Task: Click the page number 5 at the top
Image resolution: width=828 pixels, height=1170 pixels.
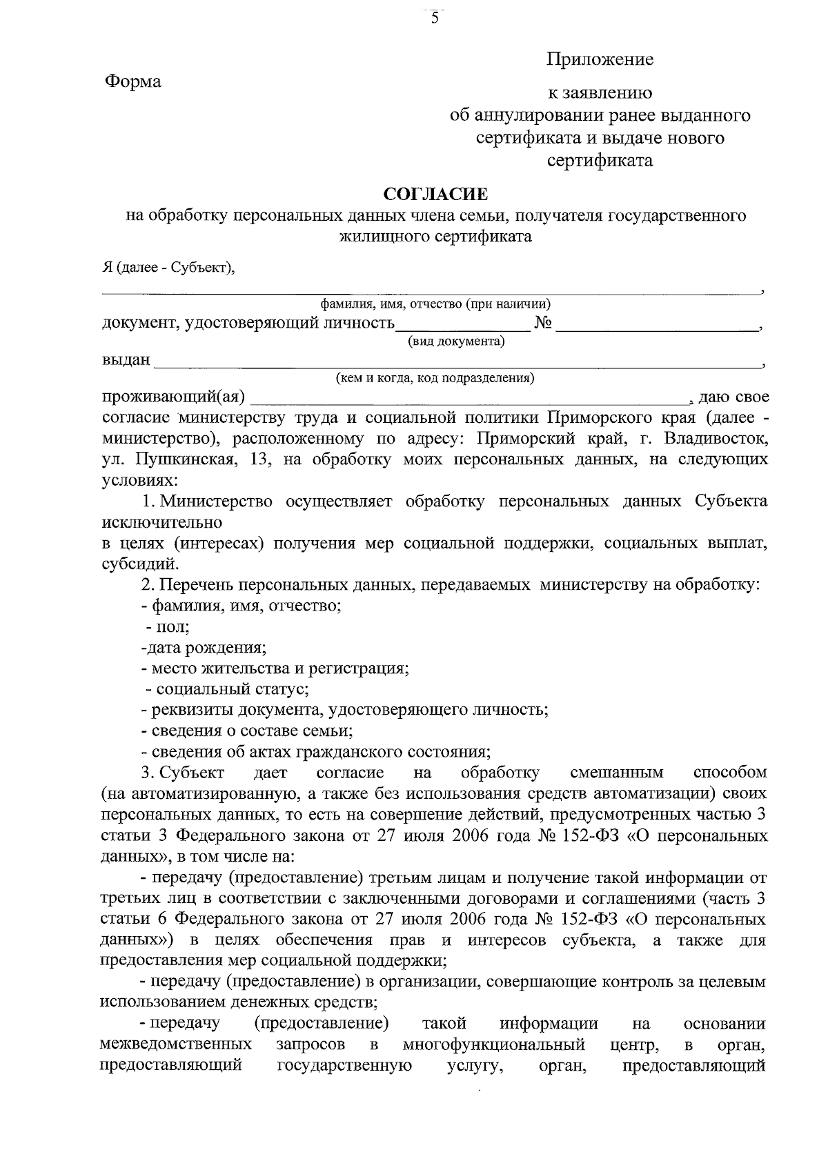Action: (435, 19)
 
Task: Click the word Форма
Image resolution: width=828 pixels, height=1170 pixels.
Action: (132, 82)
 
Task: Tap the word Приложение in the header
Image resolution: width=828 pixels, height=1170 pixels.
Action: (600, 60)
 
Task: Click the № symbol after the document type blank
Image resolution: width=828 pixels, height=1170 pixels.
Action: (542, 323)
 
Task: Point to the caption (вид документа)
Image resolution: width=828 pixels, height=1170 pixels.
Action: (456, 341)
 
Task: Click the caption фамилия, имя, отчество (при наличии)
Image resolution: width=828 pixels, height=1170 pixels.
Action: (435, 304)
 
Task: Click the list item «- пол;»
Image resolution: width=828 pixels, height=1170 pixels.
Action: (168, 627)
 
